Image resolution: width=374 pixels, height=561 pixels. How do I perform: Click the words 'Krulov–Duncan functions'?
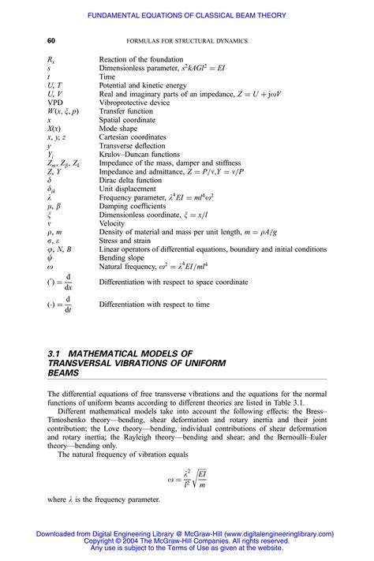(140, 155)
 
